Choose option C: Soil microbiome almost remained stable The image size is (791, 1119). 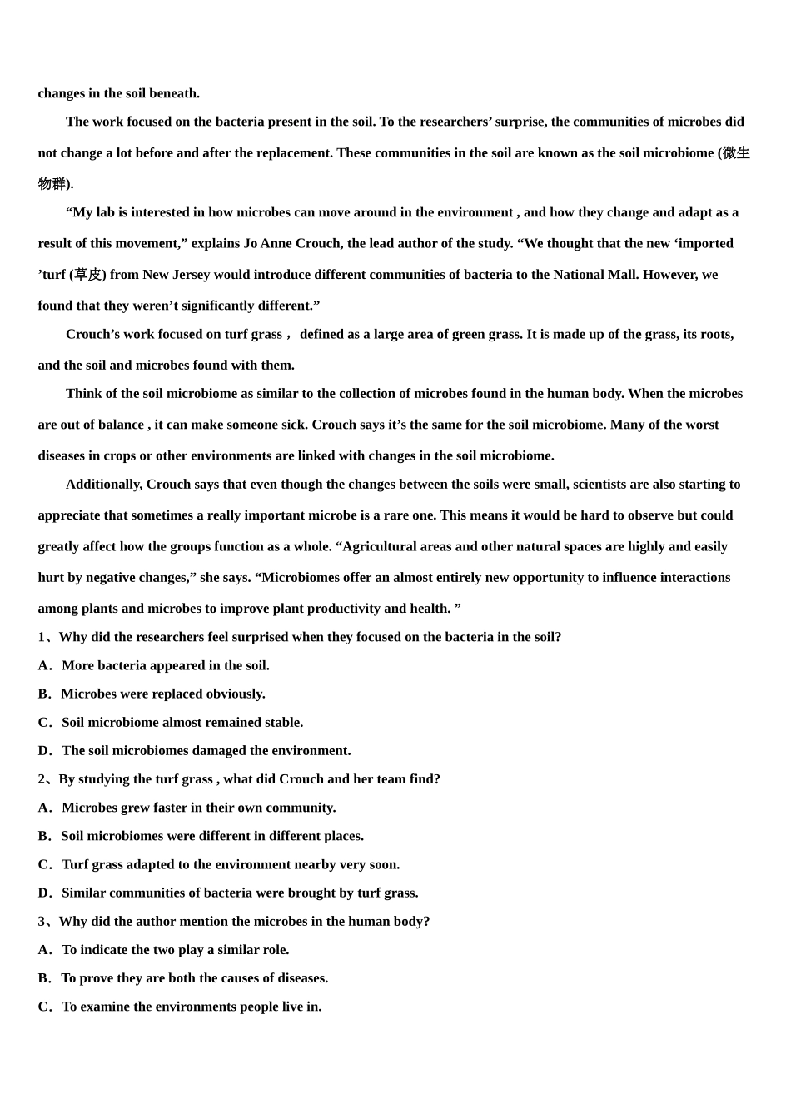182,723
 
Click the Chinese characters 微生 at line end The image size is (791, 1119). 736,153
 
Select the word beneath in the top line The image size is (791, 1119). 174,93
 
